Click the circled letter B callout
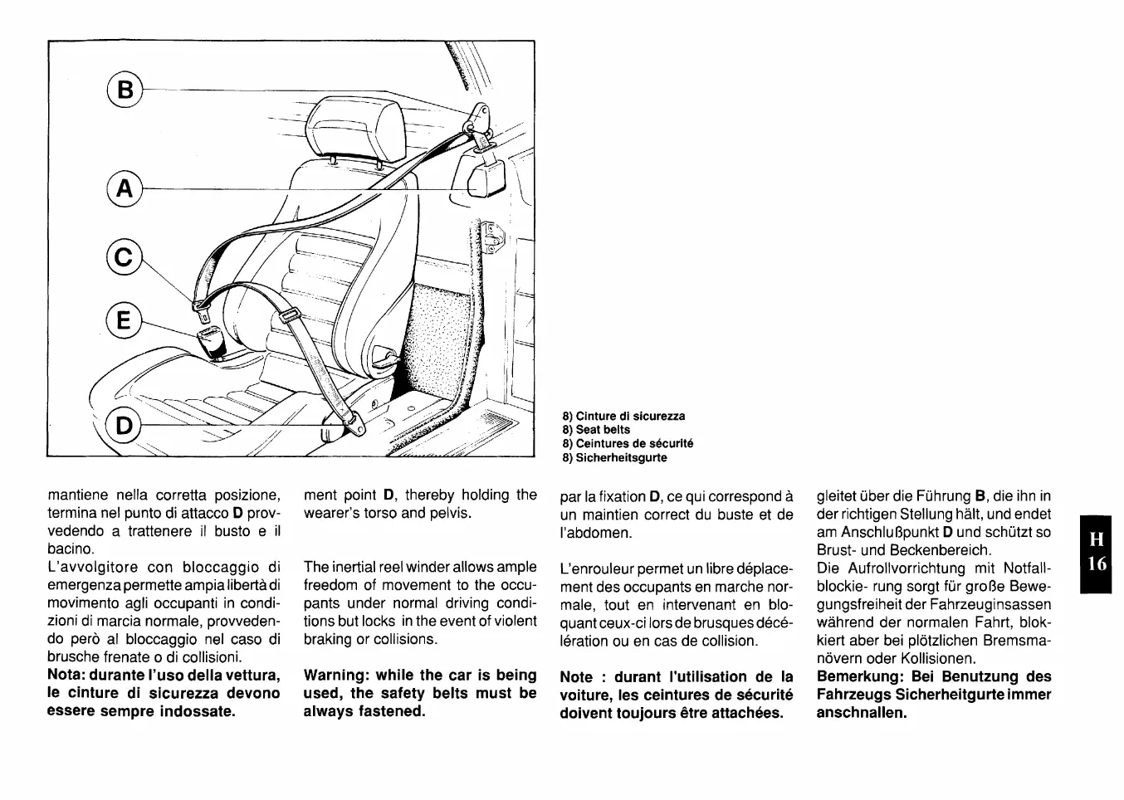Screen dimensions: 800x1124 pos(125,89)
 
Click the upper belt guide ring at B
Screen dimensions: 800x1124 pos(479,119)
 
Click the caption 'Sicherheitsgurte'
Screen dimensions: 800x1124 pos(614,457)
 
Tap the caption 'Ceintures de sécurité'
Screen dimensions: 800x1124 pos(628,443)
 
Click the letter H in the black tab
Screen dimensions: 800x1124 pos(1097,539)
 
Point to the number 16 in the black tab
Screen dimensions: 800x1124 pos(1097,564)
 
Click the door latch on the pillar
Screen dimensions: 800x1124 pos(490,237)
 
